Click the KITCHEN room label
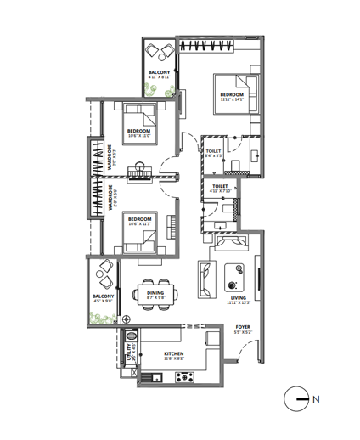pyautogui.click(x=173, y=353)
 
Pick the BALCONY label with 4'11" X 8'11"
pyautogui.click(x=160, y=73)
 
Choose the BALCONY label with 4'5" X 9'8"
pyautogui.click(x=103, y=296)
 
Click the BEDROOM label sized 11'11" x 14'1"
pyautogui.click(x=232, y=94)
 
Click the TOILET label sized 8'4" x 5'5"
pyautogui.click(x=214, y=151)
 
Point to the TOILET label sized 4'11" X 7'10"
pyautogui.click(x=220, y=185)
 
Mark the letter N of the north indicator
pyautogui.click(x=315, y=398)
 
